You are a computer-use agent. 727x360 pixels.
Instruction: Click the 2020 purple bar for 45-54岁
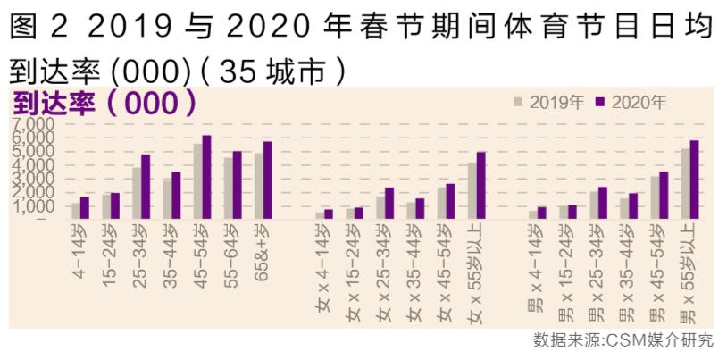pyautogui.click(x=206, y=177)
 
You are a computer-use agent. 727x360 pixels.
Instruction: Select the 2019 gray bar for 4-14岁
pyautogui.click(x=77, y=211)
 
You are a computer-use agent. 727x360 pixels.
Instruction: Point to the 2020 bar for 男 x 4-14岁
pyautogui.click(x=541, y=213)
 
